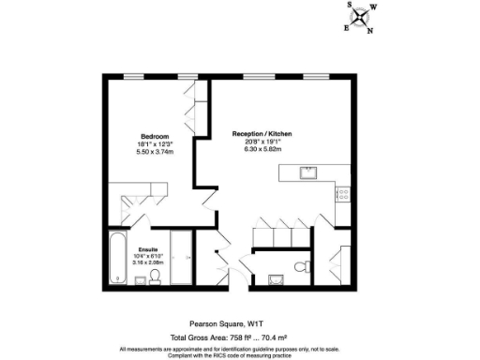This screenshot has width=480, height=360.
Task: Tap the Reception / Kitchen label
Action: [262, 135]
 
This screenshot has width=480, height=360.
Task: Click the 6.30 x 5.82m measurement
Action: [262, 151]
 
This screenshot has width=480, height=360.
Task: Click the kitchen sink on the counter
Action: [308, 172]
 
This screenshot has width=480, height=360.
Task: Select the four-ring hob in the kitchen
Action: [344, 195]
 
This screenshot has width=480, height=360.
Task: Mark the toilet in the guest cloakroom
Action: [300, 267]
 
